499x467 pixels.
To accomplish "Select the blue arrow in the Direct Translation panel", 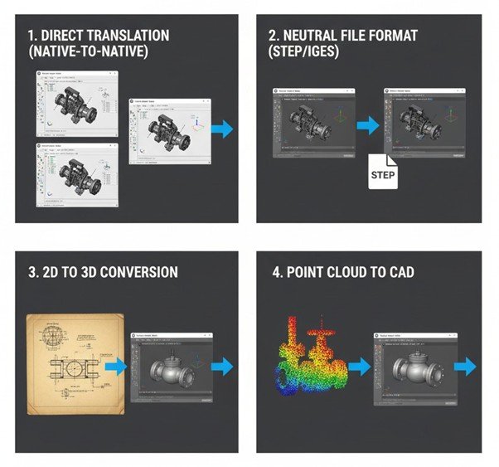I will tap(221, 129).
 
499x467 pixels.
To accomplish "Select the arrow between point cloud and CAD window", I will tap(358, 367).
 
